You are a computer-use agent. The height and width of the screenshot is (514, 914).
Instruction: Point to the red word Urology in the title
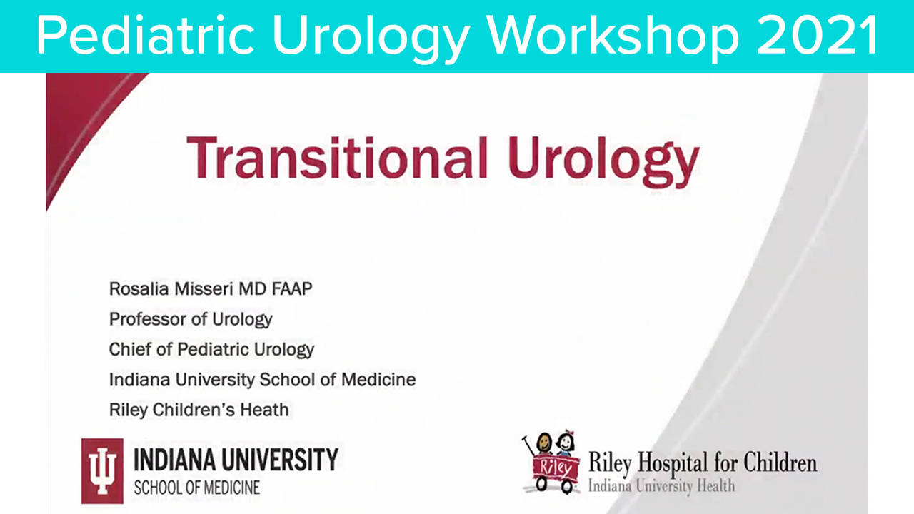600,158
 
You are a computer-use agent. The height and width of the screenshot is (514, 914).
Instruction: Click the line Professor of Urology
190,319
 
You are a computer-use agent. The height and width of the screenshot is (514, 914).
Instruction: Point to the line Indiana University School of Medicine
262,379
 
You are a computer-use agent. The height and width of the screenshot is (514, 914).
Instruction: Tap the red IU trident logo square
102,470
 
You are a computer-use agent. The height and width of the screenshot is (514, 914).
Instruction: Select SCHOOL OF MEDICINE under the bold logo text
197,488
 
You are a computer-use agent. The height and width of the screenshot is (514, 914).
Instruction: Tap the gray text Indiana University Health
661,486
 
